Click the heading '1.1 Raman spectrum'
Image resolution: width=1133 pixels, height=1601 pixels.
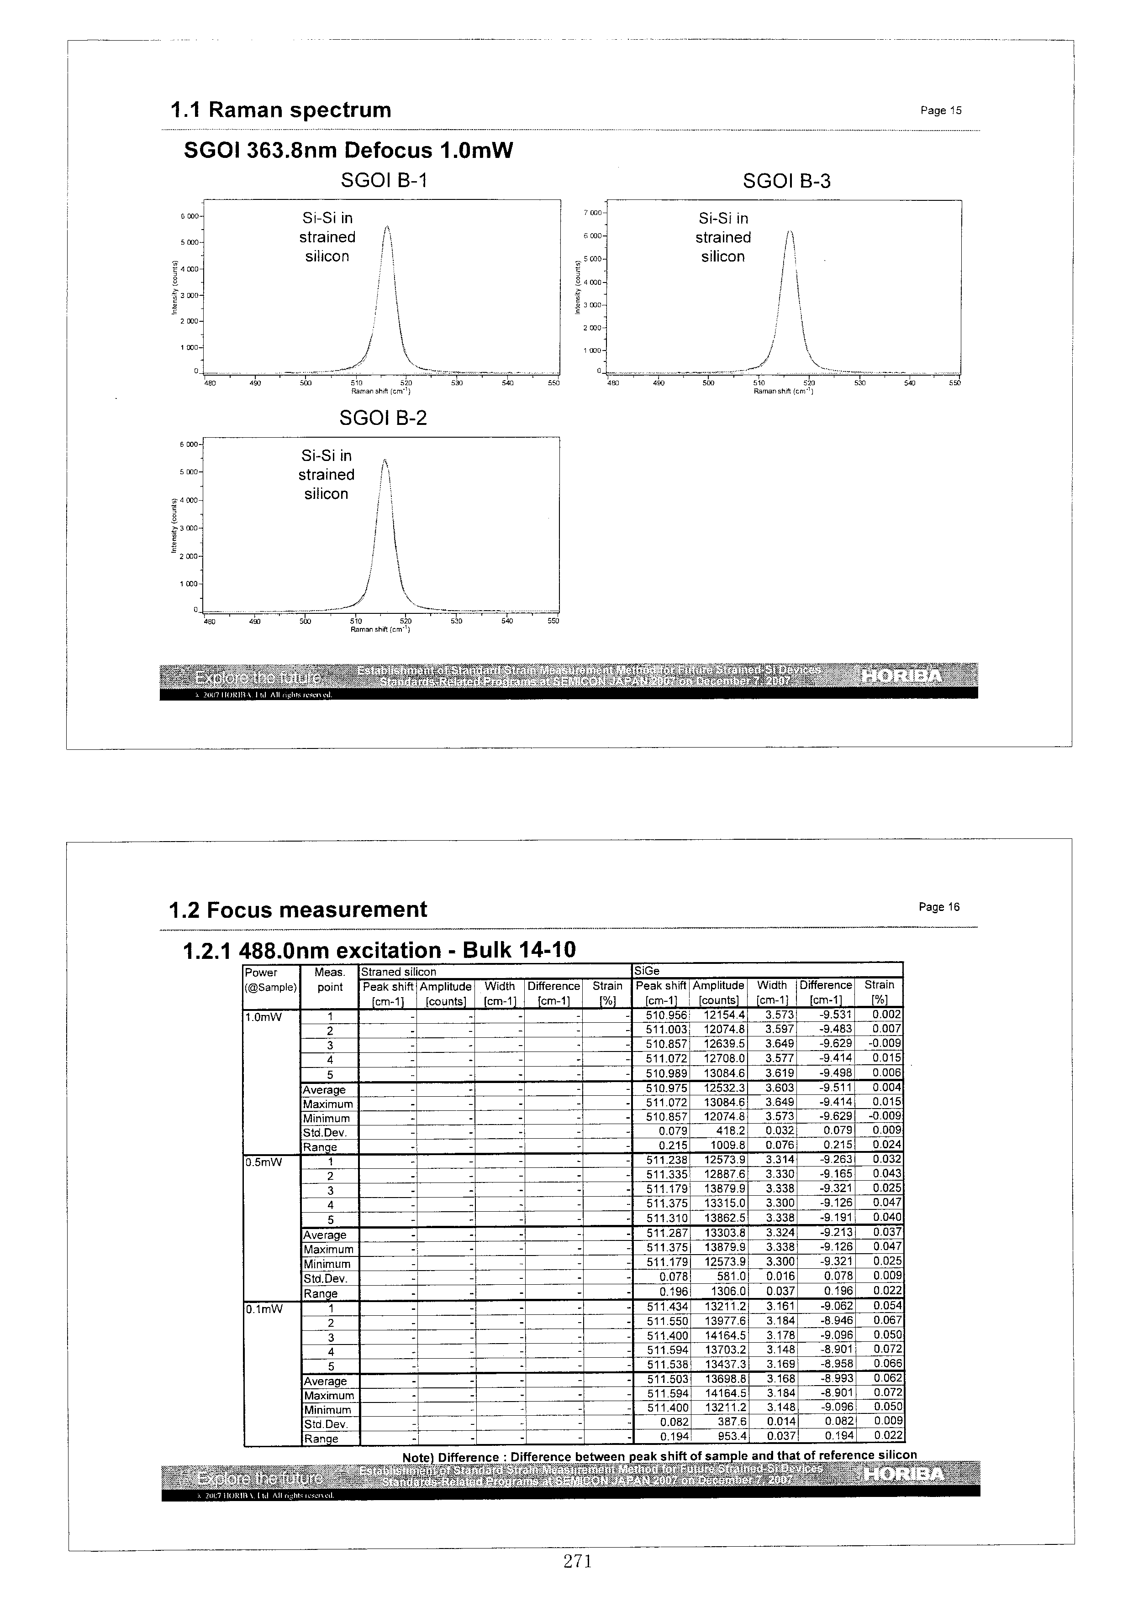[280, 110]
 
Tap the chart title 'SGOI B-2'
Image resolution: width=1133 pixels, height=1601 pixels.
[382, 419]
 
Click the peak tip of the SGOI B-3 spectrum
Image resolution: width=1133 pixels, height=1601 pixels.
[789, 231]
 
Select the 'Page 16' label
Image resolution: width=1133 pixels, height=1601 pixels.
[939, 907]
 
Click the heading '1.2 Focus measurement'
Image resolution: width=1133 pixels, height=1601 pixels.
[298, 910]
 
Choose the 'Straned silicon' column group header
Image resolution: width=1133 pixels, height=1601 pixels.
[398, 971]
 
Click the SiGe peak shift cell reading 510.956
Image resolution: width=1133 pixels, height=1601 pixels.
[667, 1015]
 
